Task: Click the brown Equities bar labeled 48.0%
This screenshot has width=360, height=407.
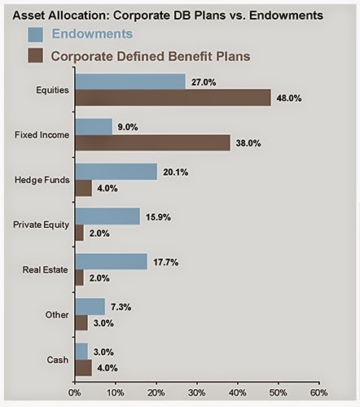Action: pyautogui.click(x=173, y=98)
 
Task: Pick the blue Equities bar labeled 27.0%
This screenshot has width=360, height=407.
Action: pyautogui.click(x=130, y=81)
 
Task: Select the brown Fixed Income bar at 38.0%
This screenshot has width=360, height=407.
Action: pyautogui.click(x=152, y=142)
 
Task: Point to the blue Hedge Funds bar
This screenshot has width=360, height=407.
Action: pyautogui.click(x=116, y=171)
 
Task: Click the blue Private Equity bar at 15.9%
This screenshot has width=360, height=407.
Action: pyautogui.click(x=108, y=216)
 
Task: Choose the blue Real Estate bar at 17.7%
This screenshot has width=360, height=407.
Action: pyautogui.click(x=111, y=261)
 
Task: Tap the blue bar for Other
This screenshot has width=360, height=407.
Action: pyautogui.click(x=90, y=306)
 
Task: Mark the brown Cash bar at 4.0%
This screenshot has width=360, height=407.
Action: pyautogui.click(x=83, y=367)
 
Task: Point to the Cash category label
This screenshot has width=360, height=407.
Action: pyautogui.click(x=56, y=359)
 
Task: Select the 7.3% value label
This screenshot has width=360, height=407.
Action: pyautogui.click(x=121, y=306)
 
